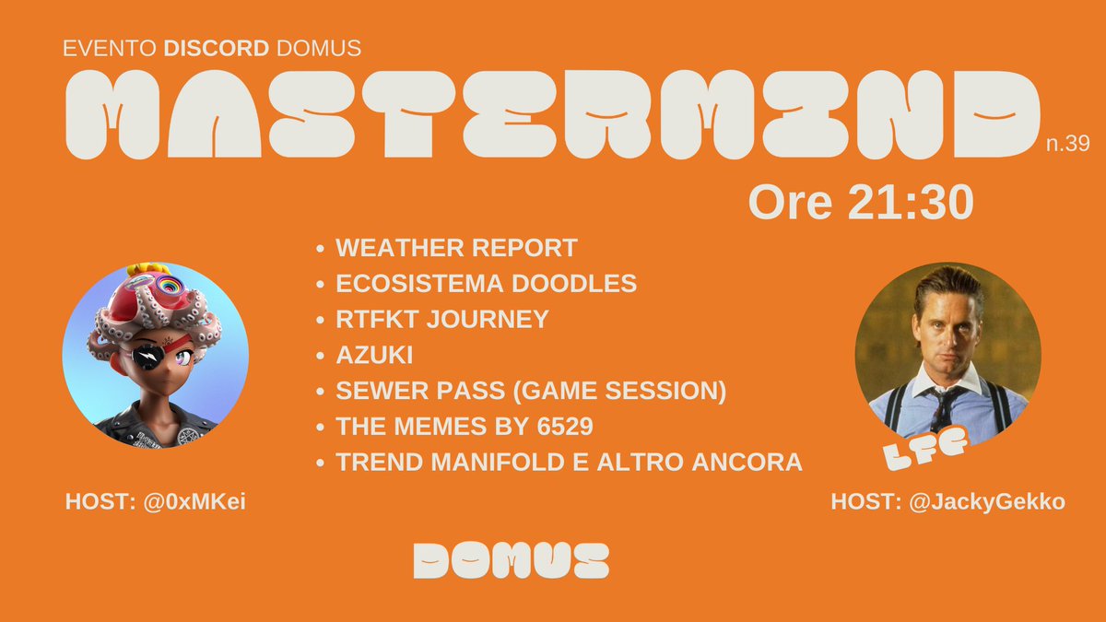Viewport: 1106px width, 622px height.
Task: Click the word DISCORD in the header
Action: click(x=216, y=49)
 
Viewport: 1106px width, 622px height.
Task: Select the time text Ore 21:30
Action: click(x=861, y=202)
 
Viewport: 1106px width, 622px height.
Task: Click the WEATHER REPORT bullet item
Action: click(x=456, y=248)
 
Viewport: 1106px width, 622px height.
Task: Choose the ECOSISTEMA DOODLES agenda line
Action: click(x=486, y=284)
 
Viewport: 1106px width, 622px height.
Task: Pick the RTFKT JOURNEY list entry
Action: click(x=441, y=320)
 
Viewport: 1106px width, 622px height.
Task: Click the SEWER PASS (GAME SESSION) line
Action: click(x=531, y=391)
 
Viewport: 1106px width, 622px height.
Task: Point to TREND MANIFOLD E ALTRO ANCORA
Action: click(x=569, y=463)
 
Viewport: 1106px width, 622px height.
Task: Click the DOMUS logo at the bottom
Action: click(x=512, y=559)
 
